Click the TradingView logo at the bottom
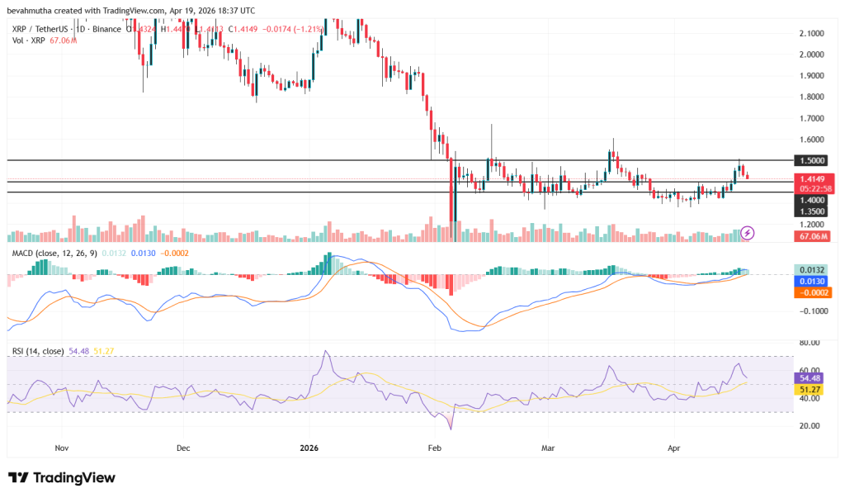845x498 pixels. click(x=62, y=477)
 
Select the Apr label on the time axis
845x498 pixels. click(x=674, y=448)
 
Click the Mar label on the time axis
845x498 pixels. click(x=547, y=448)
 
